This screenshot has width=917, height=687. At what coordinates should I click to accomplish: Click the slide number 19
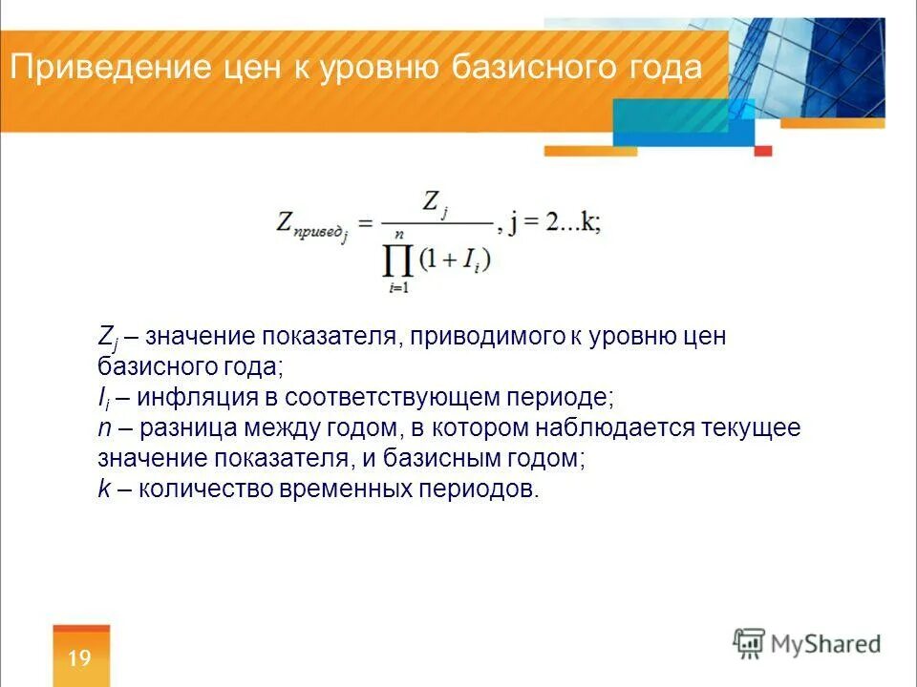[x=80, y=658]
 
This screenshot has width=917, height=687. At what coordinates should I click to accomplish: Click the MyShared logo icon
[x=750, y=643]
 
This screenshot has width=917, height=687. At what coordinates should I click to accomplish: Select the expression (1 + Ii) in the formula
[x=458, y=259]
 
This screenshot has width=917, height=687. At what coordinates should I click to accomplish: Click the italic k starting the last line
[x=104, y=489]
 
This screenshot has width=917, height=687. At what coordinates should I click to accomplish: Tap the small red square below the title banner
[x=762, y=150]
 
